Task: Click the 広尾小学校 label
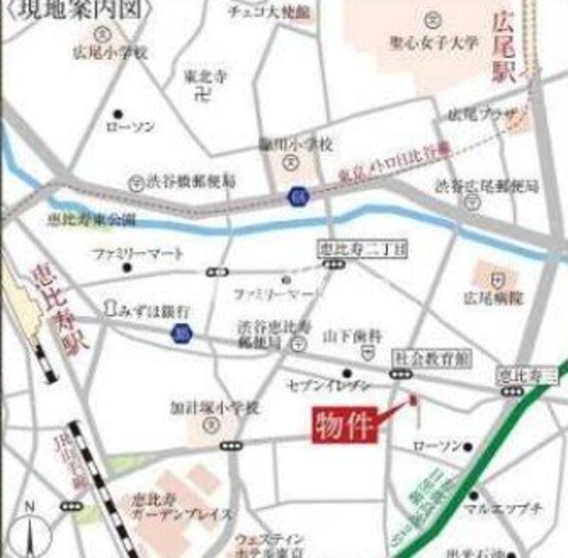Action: pyautogui.click(x=112, y=53)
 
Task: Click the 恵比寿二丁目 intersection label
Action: pyautogui.click(x=347, y=249)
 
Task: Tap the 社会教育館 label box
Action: pyautogui.click(x=419, y=357)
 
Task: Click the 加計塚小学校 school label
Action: pyautogui.click(x=214, y=407)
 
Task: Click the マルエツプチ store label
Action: pyautogui.click(x=502, y=509)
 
